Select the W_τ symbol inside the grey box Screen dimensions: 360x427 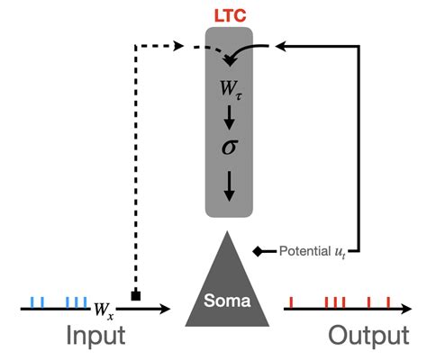(x=231, y=89)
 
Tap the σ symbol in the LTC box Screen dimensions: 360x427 (x=230, y=146)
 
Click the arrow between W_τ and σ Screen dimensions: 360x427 (x=230, y=116)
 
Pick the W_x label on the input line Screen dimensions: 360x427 (x=104, y=310)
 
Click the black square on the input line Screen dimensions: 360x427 (x=136, y=296)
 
